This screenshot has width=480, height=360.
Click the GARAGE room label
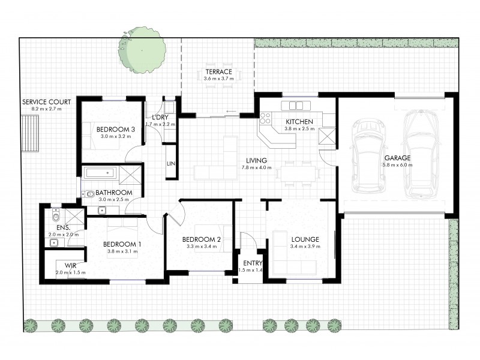tap(398, 158)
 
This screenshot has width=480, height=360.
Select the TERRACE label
tap(217, 71)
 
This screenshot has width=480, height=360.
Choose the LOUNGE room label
tap(304, 239)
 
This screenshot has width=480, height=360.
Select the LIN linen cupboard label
tap(170, 164)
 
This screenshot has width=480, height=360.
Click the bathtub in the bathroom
tap(100, 173)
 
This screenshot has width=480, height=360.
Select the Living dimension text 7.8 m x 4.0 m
tap(256, 167)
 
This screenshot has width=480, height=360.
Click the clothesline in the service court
tap(30, 133)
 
